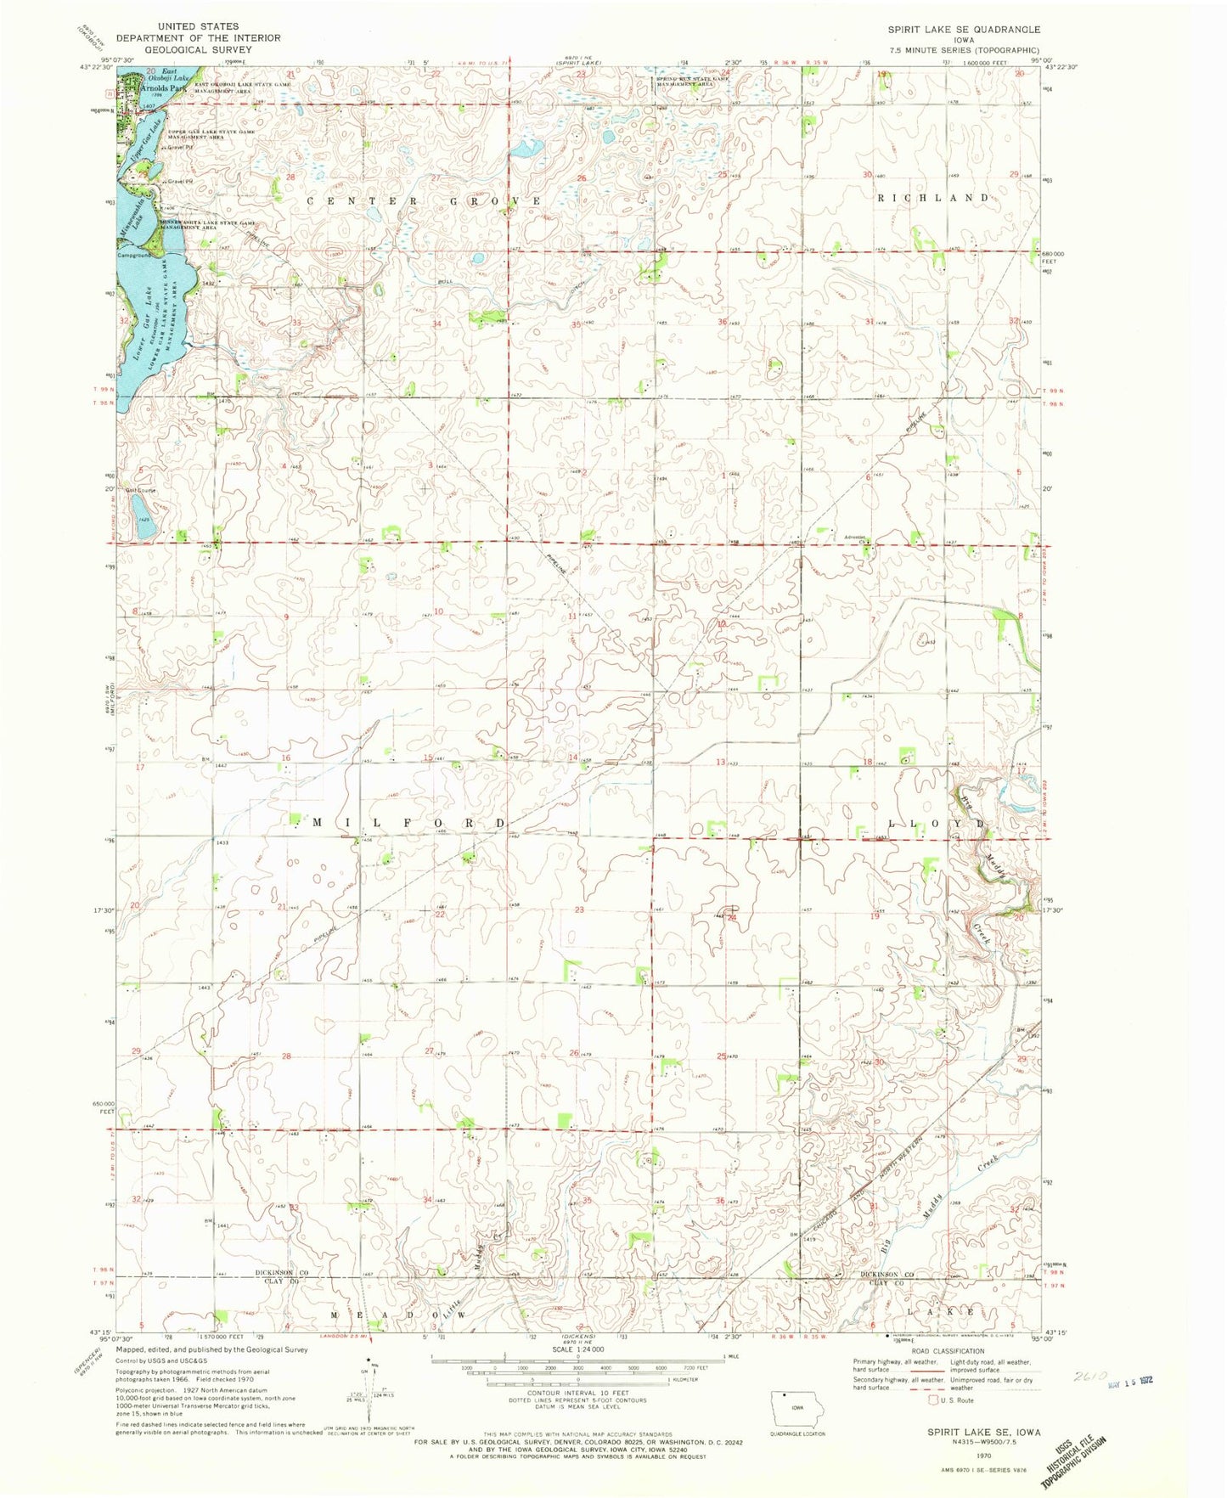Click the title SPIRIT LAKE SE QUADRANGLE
(x=964, y=29)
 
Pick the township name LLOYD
(x=937, y=825)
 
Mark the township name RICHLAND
(x=933, y=198)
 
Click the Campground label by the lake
(x=136, y=254)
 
